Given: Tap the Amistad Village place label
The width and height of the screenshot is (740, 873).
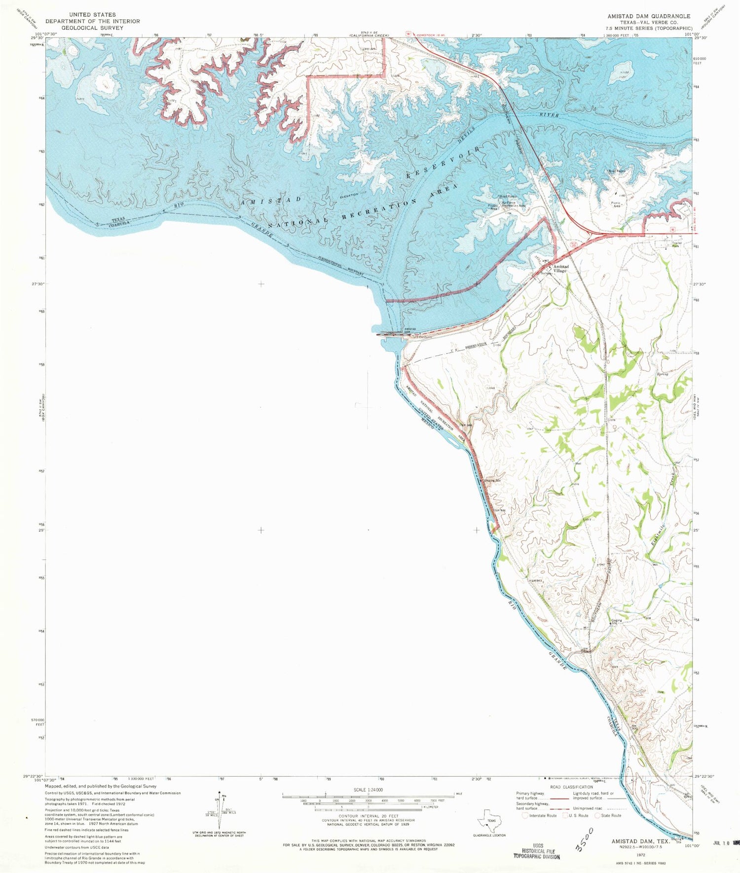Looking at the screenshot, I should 560,269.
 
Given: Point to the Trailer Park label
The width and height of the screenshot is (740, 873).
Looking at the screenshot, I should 677,244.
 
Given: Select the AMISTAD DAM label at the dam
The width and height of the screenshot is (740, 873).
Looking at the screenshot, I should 410,330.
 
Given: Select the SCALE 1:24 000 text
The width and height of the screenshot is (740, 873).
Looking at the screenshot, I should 368,790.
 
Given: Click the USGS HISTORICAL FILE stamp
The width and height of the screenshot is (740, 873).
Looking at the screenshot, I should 537,853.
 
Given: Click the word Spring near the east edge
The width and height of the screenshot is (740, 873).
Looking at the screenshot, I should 662,374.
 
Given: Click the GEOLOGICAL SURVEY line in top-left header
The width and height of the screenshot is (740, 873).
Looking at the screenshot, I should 93,28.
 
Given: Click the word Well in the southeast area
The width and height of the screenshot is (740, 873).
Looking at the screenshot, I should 578,464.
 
